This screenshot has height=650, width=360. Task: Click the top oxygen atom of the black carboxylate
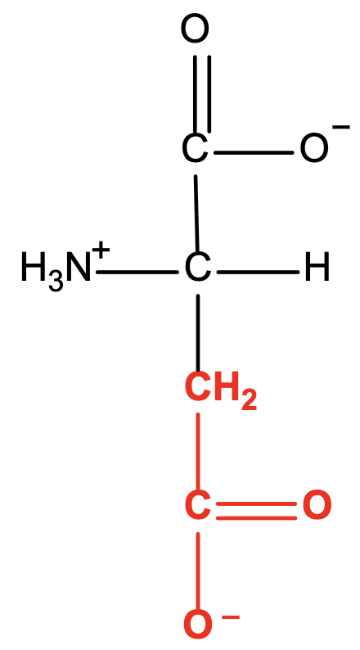(194, 29)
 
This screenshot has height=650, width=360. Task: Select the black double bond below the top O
(202, 94)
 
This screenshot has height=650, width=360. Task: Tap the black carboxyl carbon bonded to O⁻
(195, 148)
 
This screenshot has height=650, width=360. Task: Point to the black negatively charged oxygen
(313, 148)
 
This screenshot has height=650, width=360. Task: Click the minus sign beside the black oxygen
(341, 127)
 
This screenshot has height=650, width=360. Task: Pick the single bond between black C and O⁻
(253, 152)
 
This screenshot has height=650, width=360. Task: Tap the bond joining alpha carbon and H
(258, 272)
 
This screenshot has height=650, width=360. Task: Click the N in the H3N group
(79, 269)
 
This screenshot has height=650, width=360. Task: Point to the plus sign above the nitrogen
(101, 250)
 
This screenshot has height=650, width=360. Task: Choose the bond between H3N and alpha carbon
(137, 272)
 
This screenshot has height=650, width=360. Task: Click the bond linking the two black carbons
(197, 214)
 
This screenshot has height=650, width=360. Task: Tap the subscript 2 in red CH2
(249, 400)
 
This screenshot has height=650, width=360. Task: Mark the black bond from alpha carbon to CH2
(198, 333)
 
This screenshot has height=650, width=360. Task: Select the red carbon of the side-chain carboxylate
(197, 505)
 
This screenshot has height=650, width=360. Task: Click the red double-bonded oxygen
(317, 505)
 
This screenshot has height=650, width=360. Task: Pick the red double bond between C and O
(256, 511)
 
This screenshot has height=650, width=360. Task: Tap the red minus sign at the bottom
(231, 618)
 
